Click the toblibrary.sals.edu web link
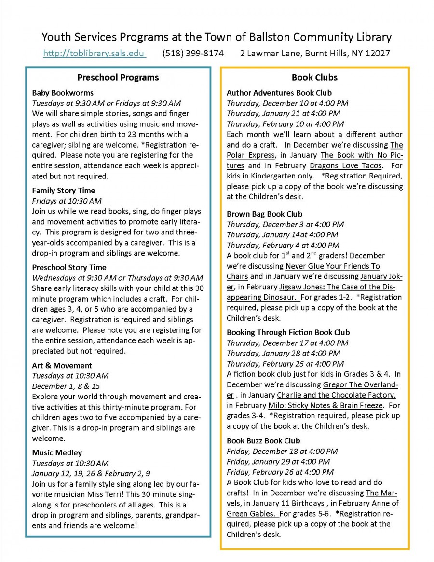point(95,54)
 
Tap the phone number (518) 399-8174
point(193,54)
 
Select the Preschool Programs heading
point(118,77)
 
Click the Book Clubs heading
point(314,77)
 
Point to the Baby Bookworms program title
point(63,93)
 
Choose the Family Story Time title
point(64,191)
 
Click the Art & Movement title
point(62,365)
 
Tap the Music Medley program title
point(57,452)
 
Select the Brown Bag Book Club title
point(264,214)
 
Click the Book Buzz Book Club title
point(263,440)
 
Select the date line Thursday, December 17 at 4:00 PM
point(287,343)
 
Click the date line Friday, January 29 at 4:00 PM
point(278,462)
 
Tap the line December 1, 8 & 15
point(66,386)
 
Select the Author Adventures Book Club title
point(279,93)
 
